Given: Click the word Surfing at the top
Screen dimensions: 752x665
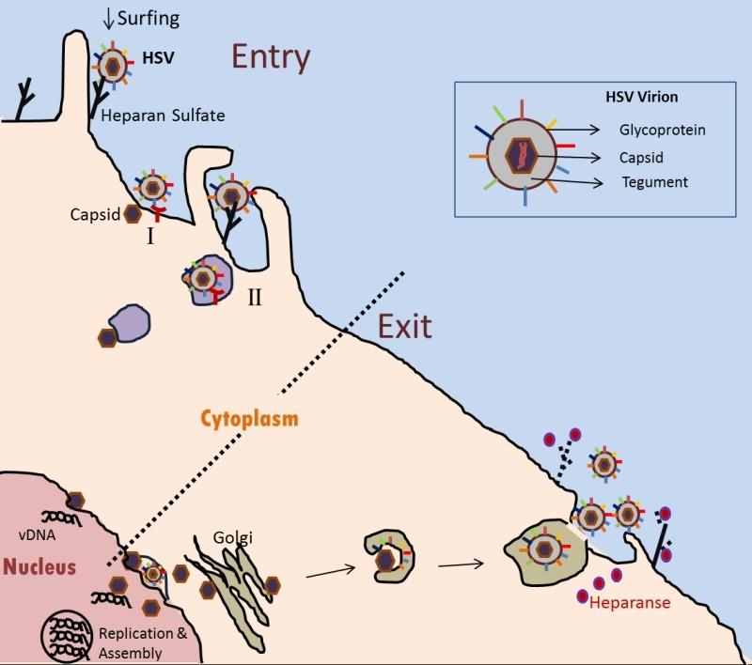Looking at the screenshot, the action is coord(149,19).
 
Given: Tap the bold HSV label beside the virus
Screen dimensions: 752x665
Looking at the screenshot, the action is coord(158,58).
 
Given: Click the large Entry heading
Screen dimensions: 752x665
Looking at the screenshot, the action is coord(271,57).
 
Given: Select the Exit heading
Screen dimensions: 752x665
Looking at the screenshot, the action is coord(405,327).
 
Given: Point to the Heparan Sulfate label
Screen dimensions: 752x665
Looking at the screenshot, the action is coord(163,116).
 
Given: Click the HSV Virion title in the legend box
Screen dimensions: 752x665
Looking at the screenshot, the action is coord(642,97).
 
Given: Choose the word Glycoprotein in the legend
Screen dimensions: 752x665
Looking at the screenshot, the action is coord(663,130).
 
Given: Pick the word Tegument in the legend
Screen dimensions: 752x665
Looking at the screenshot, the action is coord(655,182).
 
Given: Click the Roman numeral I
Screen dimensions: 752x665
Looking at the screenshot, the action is coord(150,236).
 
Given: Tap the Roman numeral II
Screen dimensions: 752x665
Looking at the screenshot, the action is coord(255,298).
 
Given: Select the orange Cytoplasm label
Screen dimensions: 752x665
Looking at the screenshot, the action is coord(249,418).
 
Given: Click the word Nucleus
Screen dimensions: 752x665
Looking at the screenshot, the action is coord(39,566).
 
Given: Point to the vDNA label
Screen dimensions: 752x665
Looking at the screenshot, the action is coord(37,534).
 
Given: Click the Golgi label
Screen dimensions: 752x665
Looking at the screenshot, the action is coord(232,537).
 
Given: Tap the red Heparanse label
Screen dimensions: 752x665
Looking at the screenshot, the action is coord(630,602).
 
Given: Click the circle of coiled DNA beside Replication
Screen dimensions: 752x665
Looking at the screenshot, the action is coord(67,635).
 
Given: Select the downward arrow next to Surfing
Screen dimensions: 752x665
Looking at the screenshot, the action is coord(108,19).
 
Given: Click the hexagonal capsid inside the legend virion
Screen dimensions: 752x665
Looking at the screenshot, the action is coord(522,156).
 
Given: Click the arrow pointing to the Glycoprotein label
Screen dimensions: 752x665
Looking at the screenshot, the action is coord(573,130).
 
